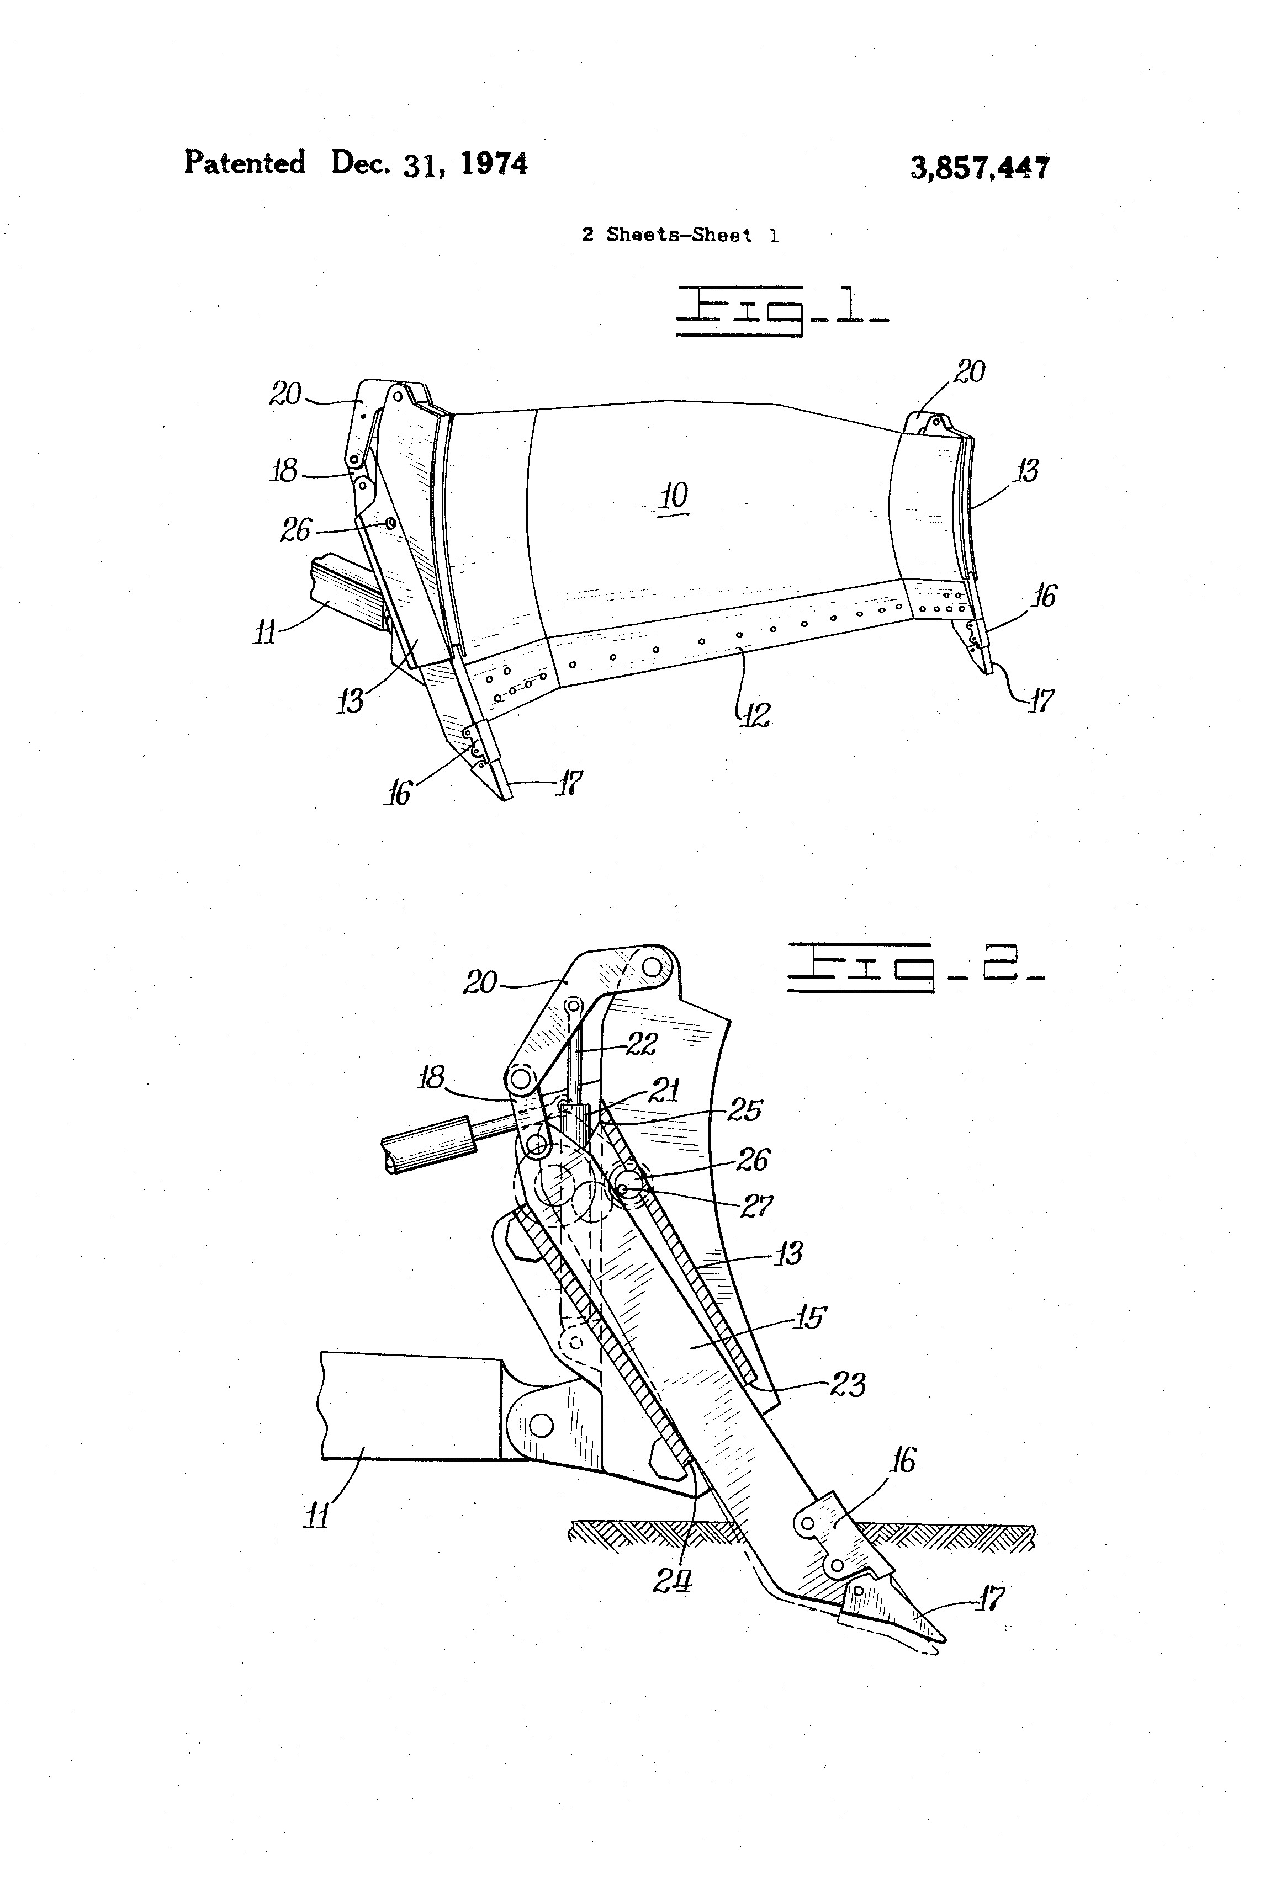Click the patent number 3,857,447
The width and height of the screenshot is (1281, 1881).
[980, 168]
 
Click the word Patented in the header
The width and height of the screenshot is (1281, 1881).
[245, 163]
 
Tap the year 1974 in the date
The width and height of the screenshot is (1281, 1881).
[494, 164]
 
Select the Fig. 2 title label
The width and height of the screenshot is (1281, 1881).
[915, 966]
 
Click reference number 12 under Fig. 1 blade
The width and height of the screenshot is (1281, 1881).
[755, 714]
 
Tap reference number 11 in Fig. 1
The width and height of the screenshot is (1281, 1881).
[265, 631]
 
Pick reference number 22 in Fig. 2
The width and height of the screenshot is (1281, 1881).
[640, 1044]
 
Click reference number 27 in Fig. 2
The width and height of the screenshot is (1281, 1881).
[757, 1207]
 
